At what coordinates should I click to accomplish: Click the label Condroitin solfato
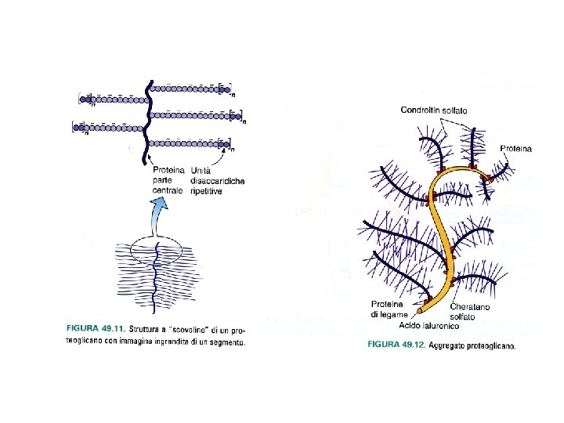pyautogui.click(x=433, y=110)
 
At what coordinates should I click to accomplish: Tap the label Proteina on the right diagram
pyautogui.click(x=515, y=148)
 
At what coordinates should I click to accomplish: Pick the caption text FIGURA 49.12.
pyautogui.click(x=395, y=344)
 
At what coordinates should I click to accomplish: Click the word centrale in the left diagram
pyautogui.click(x=168, y=190)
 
